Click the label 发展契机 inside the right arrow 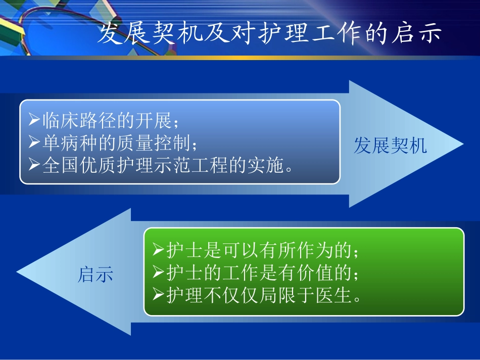coord(390,146)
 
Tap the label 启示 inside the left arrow coord(95,274)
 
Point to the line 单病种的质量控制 coord(119,143)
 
